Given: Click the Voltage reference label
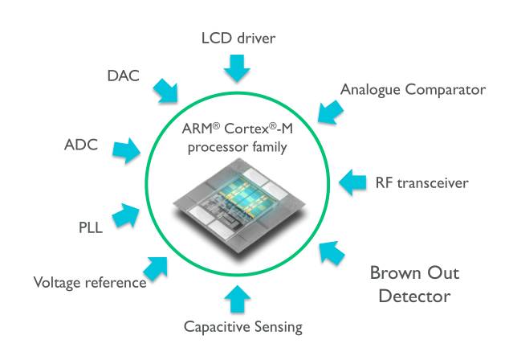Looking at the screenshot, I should (x=89, y=282).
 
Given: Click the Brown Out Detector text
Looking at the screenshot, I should (x=410, y=284).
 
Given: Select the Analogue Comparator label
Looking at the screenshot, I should (x=413, y=89).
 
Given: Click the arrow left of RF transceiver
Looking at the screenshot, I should (x=354, y=182).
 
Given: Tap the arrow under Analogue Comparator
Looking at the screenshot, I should (x=328, y=110).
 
